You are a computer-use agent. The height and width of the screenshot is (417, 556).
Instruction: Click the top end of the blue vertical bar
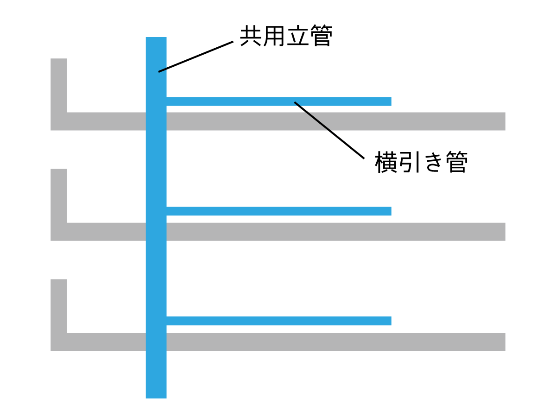[x=156, y=40]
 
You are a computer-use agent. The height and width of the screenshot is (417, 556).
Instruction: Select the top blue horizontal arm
[x=278, y=101]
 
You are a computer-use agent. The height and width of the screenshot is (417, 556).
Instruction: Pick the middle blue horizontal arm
[x=278, y=211]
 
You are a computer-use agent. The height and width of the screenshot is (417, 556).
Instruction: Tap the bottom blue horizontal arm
[x=278, y=321]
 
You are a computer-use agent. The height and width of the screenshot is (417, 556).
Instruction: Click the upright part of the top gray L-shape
[x=59, y=86]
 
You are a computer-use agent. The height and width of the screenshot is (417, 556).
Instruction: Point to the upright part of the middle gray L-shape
[x=59, y=196]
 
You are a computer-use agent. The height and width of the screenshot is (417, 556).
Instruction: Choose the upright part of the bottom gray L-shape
[x=59, y=306]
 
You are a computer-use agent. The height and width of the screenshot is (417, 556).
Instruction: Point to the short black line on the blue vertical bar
[x=162, y=70]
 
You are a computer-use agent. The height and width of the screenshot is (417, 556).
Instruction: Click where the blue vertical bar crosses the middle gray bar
[x=156, y=232]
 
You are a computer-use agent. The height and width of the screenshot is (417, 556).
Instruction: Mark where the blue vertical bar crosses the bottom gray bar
[x=156, y=342]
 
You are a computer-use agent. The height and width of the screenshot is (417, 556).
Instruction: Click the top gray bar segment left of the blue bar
[x=107, y=121]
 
